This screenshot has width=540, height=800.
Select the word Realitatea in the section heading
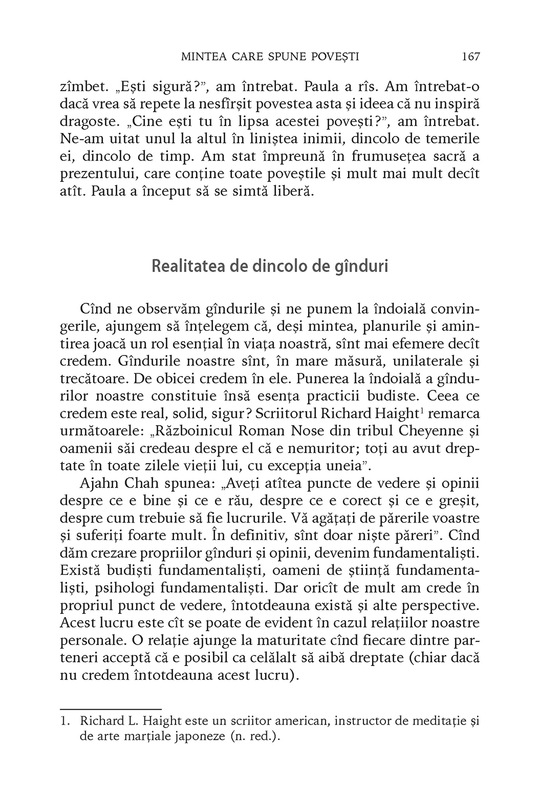(187, 266)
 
